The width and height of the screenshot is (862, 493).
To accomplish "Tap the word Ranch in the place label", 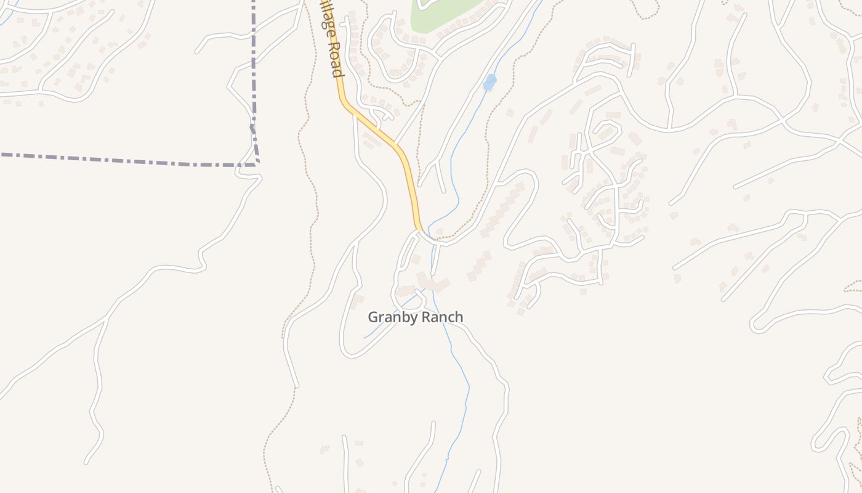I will [440, 317].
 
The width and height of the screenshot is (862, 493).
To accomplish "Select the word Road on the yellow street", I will [334, 59].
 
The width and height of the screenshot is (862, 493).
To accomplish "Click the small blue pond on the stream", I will [489, 82].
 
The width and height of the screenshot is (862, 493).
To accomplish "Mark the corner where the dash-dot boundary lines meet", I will [256, 164].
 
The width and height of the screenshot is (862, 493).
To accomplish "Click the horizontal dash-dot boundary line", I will [123, 160].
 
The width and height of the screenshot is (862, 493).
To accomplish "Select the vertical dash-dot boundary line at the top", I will [253, 55].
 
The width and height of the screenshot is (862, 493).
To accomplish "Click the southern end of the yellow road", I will [419, 228].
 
